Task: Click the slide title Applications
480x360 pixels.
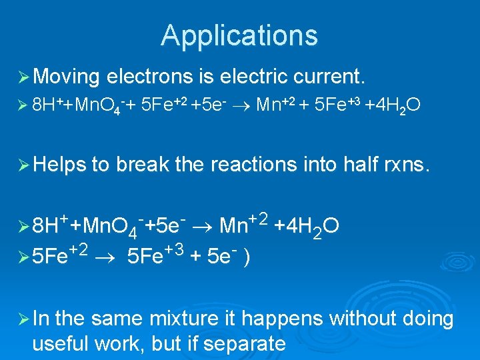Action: (239, 35)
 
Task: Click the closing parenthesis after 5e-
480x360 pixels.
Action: (248, 257)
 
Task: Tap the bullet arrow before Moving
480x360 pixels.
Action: (24, 78)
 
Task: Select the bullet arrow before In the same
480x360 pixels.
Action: (24, 319)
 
